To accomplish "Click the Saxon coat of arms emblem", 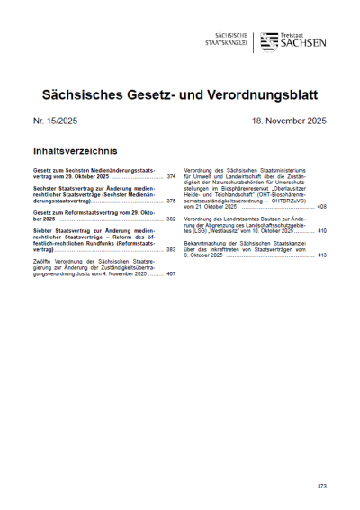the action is coord(269,41).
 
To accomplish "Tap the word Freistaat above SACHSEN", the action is coord(294,34).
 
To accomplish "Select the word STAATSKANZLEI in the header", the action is coord(225,43).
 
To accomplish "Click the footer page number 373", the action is coord(322,486).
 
